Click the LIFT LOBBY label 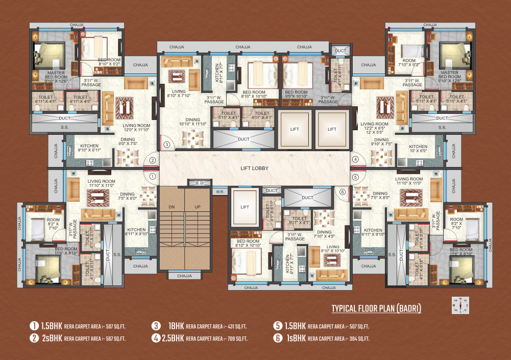255,168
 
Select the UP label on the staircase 197,207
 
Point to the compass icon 460,305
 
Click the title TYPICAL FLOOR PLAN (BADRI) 376,308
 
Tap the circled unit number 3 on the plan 166,145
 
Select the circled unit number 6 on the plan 343,192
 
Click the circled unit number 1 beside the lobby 152,177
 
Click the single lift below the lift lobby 245,207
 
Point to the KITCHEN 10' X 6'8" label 418,149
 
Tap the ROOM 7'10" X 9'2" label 409,62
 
